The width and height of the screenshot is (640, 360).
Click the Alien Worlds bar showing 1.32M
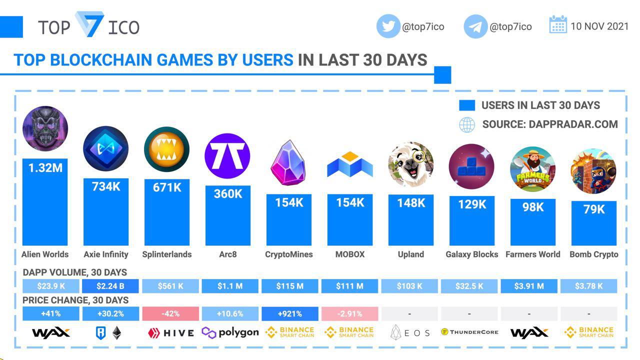(45, 202)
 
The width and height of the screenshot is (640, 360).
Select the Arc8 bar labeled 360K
(227, 215)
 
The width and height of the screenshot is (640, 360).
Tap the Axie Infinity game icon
(105, 148)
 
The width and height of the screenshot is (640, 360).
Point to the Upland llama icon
(410, 164)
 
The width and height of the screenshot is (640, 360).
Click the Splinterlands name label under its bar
(166, 254)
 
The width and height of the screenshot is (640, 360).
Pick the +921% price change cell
(289, 314)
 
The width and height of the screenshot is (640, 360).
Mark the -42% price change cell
(170, 314)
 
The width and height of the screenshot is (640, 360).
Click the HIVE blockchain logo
(170, 333)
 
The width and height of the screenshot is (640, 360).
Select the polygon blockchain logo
(230, 332)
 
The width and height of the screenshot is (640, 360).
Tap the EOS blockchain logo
(409, 332)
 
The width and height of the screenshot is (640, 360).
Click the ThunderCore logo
(469, 332)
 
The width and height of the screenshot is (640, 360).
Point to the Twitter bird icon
(388, 26)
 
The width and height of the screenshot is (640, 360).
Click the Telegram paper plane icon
(475, 26)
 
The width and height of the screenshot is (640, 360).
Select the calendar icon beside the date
(558, 25)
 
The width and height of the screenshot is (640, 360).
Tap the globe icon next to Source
(467, 124)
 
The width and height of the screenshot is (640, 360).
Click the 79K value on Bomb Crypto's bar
(594, 209)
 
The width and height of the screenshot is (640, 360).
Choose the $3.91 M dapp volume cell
(529, 286)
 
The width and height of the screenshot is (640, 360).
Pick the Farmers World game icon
(532, 169)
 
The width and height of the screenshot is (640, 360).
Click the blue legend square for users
(467, 105)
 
